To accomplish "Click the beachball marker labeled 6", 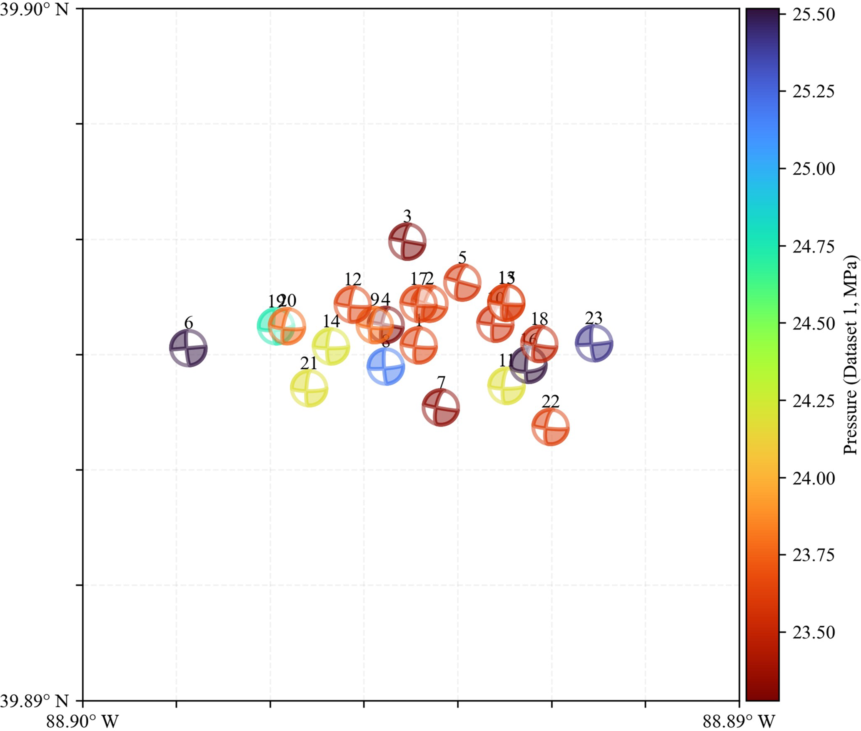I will tap(188, 347).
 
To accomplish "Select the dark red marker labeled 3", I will tap(407, 241).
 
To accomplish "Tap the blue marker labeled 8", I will tap(386, 367).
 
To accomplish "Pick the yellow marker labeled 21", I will tap(309, 388).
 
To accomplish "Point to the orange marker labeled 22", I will tap(550, 427).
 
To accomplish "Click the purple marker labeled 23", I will tap(594, 343).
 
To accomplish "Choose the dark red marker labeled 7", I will tap(441, 407).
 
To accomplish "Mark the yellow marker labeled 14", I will tap(331, 346).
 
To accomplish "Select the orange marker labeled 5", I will tap(462, 282).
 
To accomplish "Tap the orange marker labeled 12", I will tap(353, 304).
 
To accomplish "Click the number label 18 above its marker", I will tap(539, 319).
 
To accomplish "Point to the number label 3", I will tap(407, 216).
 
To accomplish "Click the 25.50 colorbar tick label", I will tap(814, 15).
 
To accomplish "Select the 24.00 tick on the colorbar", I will tap(814, 478).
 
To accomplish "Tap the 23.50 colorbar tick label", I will tap(814, 633).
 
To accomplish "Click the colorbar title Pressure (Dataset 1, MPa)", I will tap(851, 355).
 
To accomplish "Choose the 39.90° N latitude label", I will tap(34, 9).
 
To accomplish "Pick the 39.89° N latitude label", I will tap(34, 701).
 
